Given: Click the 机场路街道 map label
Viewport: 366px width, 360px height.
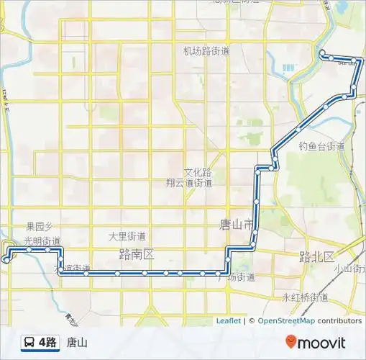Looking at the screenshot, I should click(x=206, y=51).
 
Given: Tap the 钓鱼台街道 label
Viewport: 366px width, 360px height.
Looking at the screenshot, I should click(x=321, y=146).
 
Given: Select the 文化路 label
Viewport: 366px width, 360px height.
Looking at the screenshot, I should click(x=197, y=173).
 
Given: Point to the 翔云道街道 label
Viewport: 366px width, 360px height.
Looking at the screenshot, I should click(x=188, y=183).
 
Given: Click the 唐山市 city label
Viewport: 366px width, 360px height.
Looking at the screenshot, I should click(x=237, y=225).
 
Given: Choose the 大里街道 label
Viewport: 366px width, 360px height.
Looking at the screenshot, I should click(x=127, y=236).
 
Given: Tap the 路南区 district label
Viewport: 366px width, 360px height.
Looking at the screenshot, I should click(x=137, y=254).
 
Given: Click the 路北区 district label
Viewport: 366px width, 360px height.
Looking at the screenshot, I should click(x=317, y=257).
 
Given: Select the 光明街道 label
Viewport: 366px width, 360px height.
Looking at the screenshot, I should click(x=42, y=241).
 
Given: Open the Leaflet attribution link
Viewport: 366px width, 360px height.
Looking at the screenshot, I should click(x=228, y=321).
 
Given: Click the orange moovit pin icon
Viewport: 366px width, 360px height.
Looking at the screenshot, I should click(x=290, y=342).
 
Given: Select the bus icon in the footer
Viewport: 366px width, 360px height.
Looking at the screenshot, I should click(x=28, y=343).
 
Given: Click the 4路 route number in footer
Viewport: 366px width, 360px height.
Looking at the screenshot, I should click(x=47, y=343).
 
